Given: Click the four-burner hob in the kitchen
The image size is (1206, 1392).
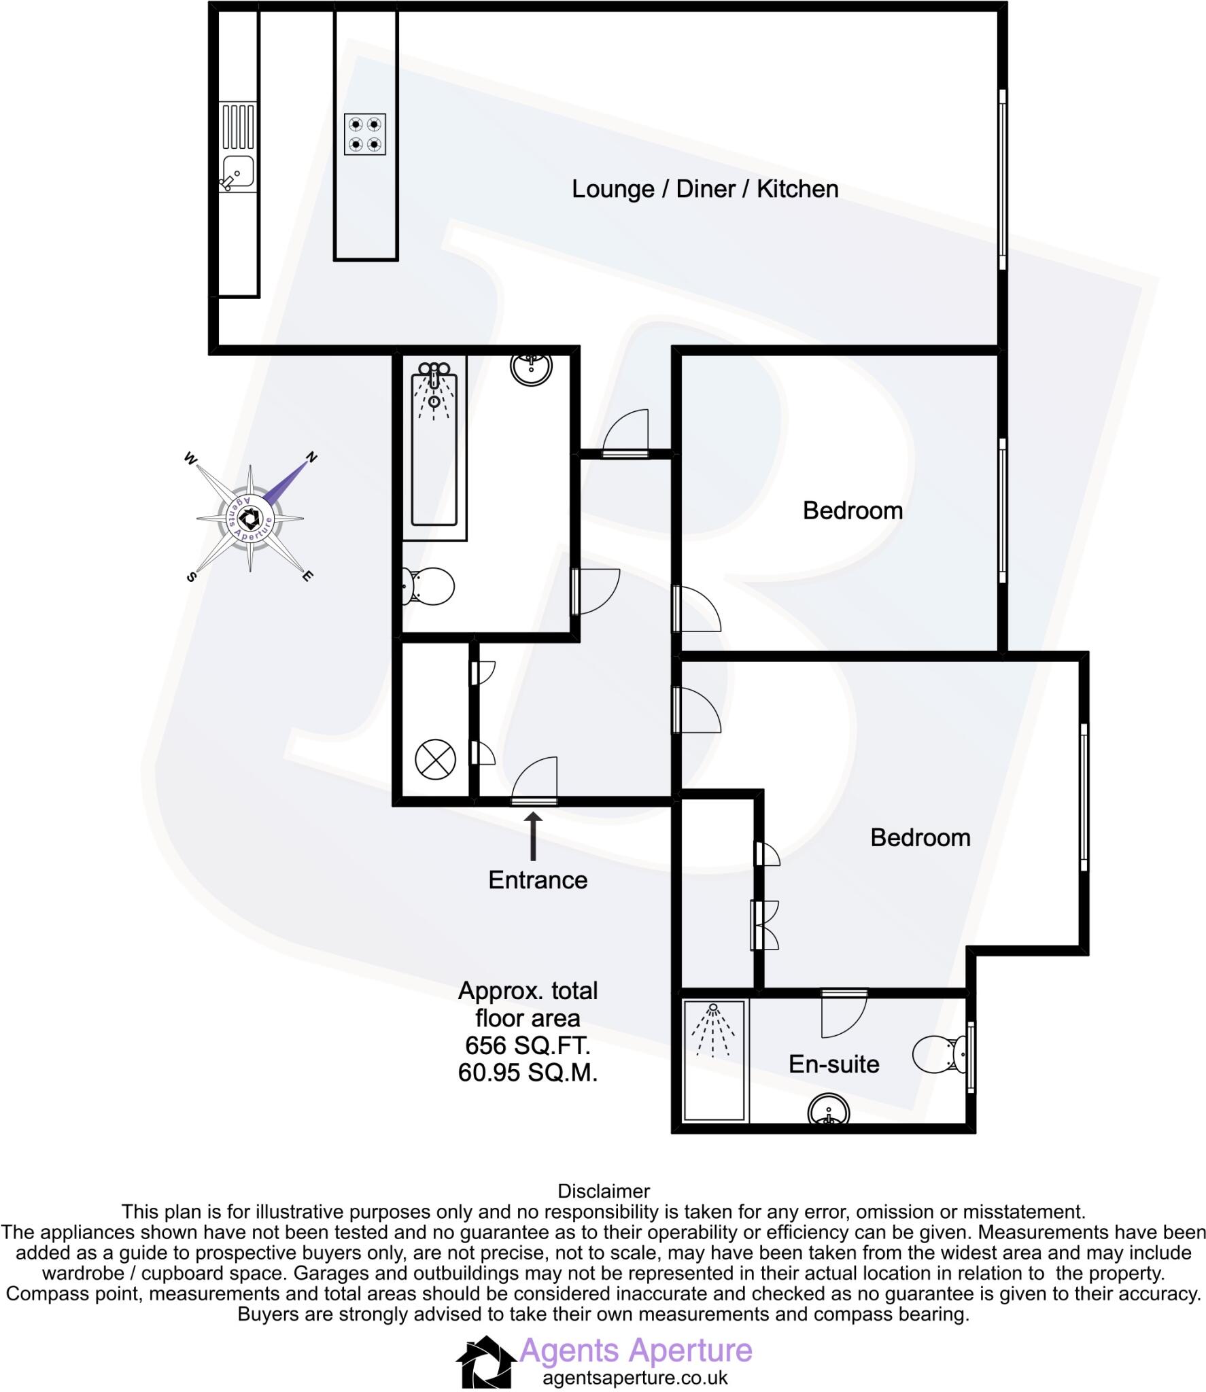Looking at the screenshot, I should pyautogui.click(x=364, y=134).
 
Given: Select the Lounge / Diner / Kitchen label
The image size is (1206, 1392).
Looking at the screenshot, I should pyautogui.click(x=704, y=189).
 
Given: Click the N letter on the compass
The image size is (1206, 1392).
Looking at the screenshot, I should pyautogui.click(x=311, y=457).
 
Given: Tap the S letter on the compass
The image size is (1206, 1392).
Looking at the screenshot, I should pyautogui.click(x=191, y=576).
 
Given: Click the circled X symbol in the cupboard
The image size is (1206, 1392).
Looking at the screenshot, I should pyautogui.click(x=434, y=759).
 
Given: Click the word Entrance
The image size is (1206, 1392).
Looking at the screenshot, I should pyautogui.click(x=537, y=880).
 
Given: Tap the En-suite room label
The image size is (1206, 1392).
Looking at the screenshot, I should pyautogui.click(x=833, y=1064).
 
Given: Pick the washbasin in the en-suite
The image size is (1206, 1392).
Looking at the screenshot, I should pyautogui.click(x=829, y=1112).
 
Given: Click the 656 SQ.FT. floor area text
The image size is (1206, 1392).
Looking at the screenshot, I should pyautogui.click(x=528, y=1045).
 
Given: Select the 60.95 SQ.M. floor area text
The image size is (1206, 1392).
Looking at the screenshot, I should pyautogui.click(x=528, y=1073).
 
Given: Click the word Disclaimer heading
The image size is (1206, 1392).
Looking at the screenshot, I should pyautogui.click(x=603, y=1191).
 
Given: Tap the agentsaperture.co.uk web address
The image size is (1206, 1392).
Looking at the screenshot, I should pyautogui.click(x=635, y=1378).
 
